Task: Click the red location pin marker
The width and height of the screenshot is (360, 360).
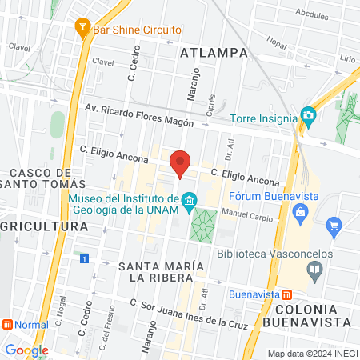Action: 181,162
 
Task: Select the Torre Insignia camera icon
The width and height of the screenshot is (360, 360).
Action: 308,117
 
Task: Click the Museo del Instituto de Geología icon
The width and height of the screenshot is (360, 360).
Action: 189,199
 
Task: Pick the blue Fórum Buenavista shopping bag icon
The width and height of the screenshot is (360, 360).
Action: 300,212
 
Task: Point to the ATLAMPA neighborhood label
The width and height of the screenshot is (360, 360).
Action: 215,54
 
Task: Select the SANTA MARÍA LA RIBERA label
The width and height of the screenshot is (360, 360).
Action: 155,271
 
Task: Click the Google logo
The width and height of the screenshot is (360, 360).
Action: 26,350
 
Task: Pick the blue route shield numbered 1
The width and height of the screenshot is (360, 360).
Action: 84,258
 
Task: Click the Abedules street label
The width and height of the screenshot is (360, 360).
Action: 311,14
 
